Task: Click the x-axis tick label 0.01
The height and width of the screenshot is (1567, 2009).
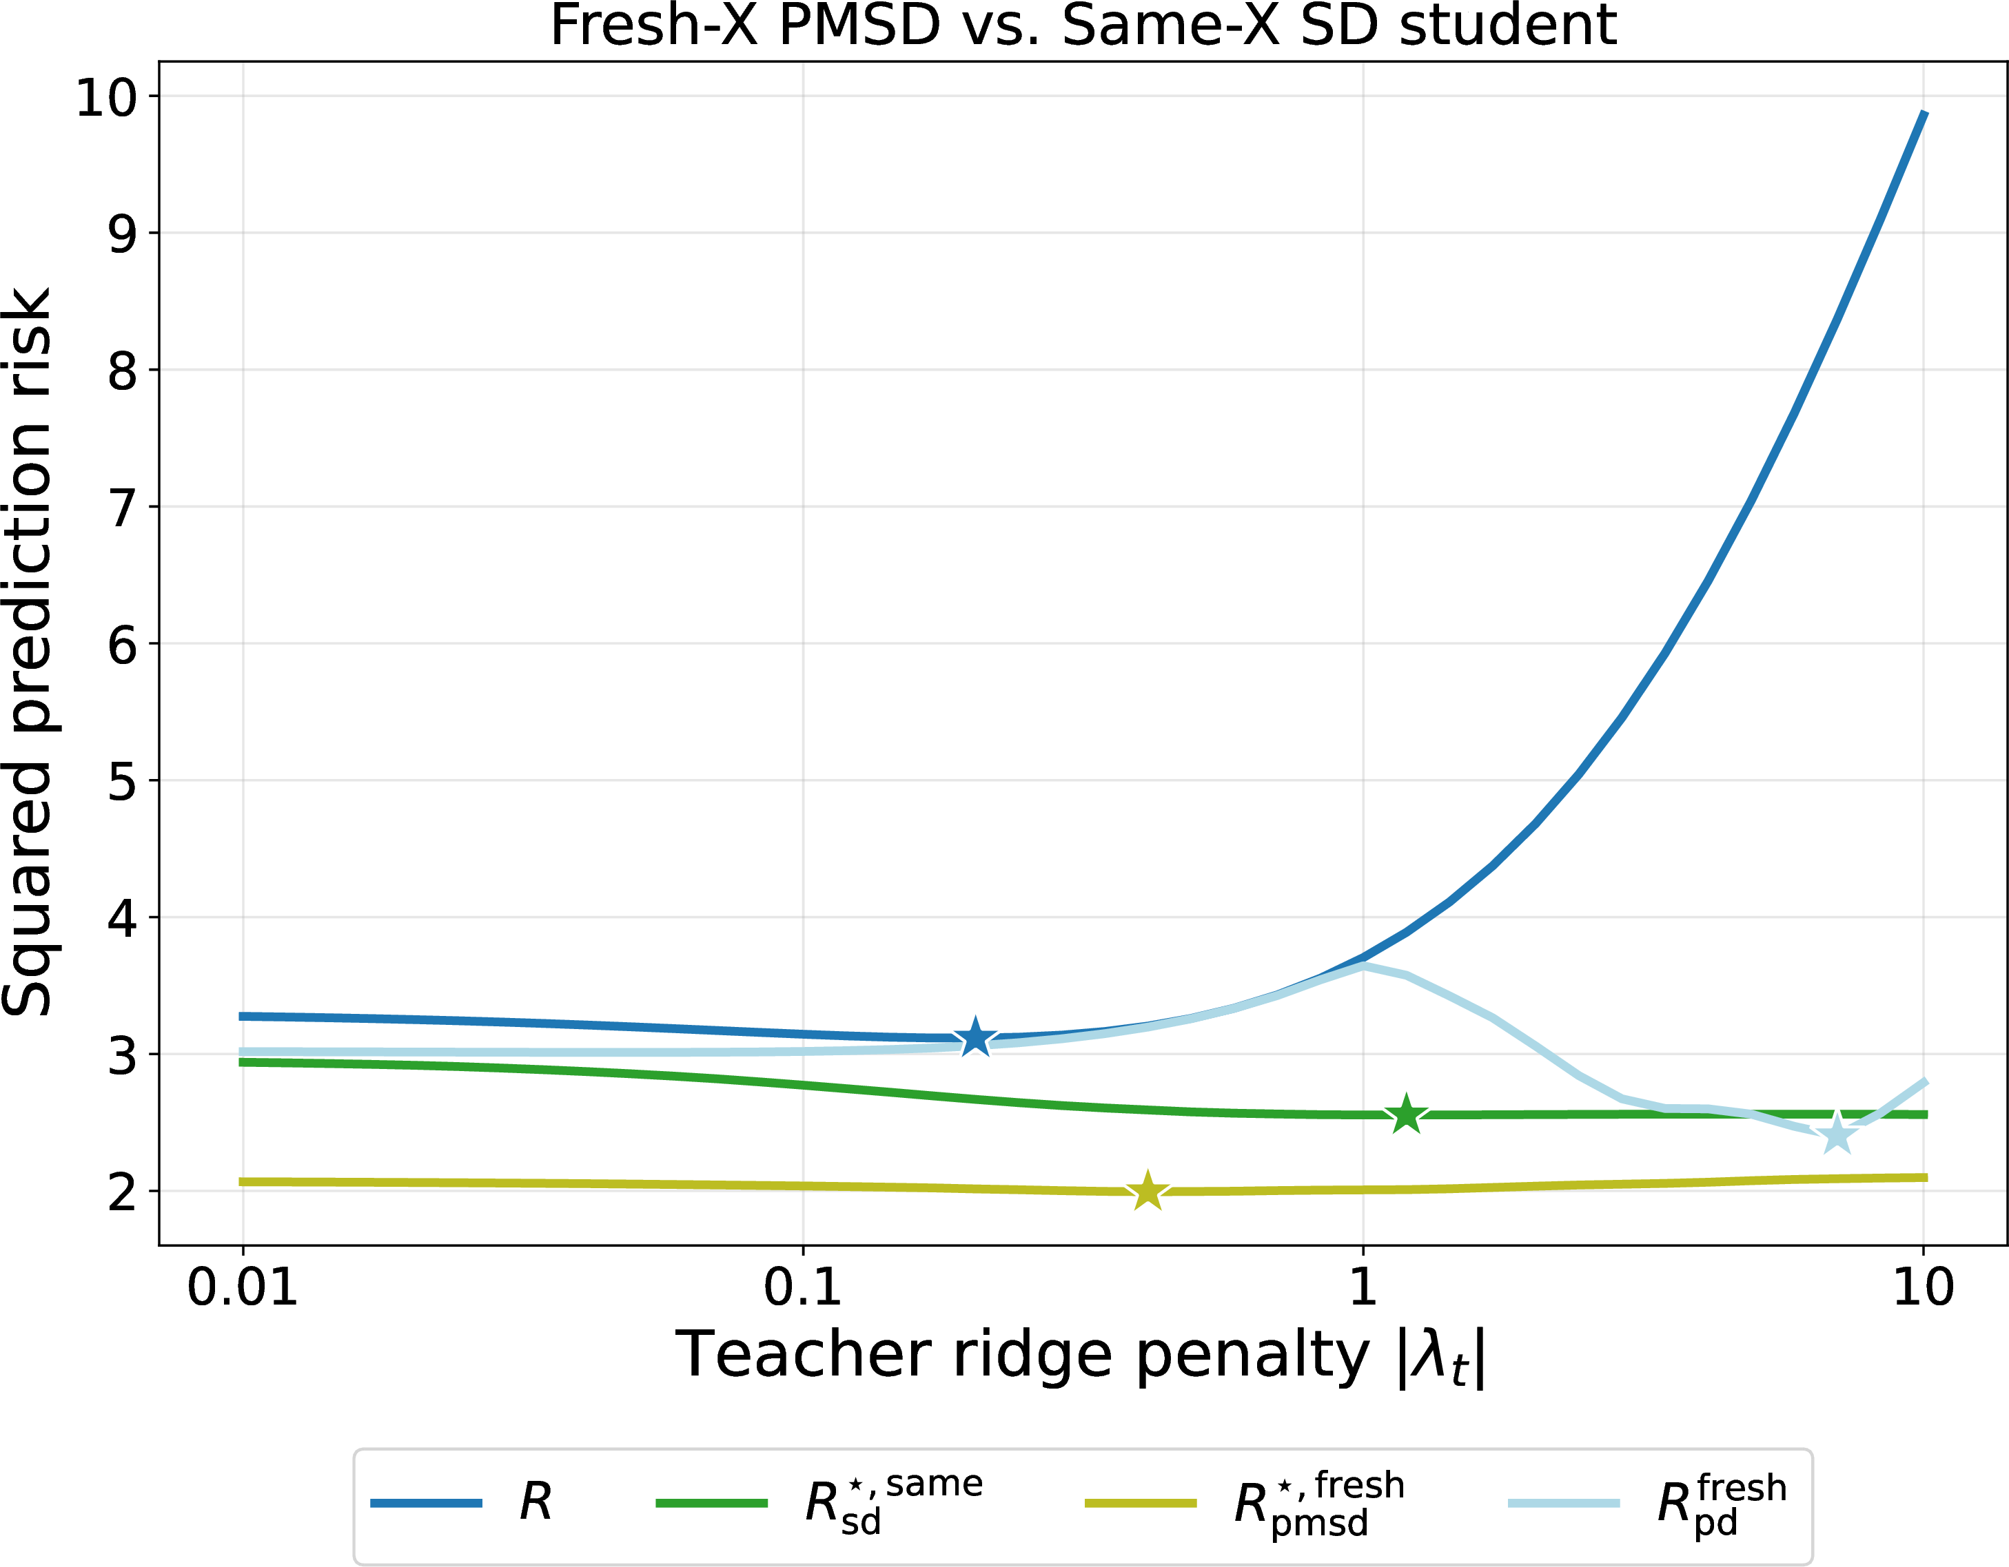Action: pos(243,1287)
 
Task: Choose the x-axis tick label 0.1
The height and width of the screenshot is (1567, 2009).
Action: pos(803,1287)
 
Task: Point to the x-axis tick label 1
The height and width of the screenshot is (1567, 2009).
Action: pos(1363,1287)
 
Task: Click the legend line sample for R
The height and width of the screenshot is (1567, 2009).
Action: pos(426,1504)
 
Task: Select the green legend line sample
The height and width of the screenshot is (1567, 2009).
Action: pos(711,1504)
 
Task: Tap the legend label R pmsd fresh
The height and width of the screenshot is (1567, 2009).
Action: pos(1319,1504)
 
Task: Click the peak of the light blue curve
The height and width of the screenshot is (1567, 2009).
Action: pos(1363,966)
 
